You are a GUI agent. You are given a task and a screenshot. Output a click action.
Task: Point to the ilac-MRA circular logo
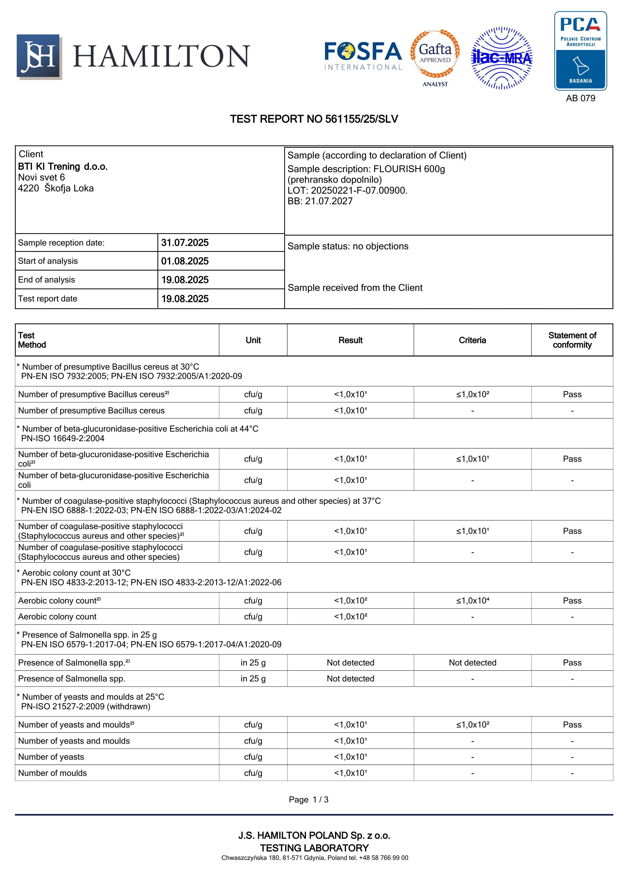[x=502, y=58]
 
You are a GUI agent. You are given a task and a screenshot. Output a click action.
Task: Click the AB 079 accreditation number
[x=580, y=98]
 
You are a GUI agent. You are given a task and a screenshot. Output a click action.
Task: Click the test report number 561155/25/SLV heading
[x=314, y=119]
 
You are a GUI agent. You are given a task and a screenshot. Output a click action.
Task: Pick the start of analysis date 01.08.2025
[x=185, y=261]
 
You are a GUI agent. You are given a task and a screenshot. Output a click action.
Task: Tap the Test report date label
[x=48, y=299]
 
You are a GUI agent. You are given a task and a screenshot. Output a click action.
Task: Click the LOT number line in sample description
[x=347, y=190]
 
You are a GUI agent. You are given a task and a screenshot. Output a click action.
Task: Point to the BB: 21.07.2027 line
[x=320, y=201]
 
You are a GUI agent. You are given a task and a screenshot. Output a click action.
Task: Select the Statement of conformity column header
[x=572, y=340]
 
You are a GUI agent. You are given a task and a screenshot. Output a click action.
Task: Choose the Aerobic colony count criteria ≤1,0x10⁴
[x=472, y=601]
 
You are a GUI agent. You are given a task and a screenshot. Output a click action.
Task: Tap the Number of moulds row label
[x=53, y=773]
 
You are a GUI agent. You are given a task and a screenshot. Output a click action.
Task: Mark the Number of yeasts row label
[x=51, y=757]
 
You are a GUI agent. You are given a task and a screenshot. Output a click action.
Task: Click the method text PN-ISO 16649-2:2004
[x=63, y=438]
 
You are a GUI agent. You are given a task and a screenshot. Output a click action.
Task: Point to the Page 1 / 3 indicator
[x=308, y=799]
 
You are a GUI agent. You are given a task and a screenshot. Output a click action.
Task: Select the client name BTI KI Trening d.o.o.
[x=63, y=167]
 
